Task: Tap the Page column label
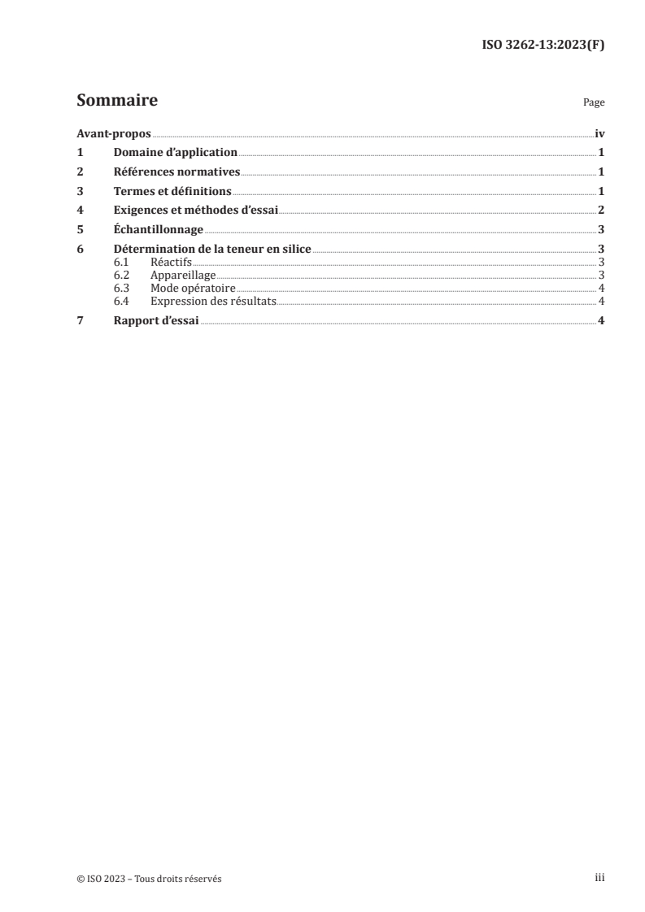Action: tap(594, 104)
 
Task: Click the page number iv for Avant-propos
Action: tap(599, 134)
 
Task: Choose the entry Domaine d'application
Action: tap(175, 152)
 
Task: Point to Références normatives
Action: tap(177, 172)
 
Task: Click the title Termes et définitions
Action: tap(172, 191)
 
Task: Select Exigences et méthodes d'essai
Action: tap(195, 211)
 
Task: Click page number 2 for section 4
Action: tap(600, 211)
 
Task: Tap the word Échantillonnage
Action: tap(158, 230)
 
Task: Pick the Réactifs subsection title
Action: tap(171, 263)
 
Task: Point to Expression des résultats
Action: tap(213, 302)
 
